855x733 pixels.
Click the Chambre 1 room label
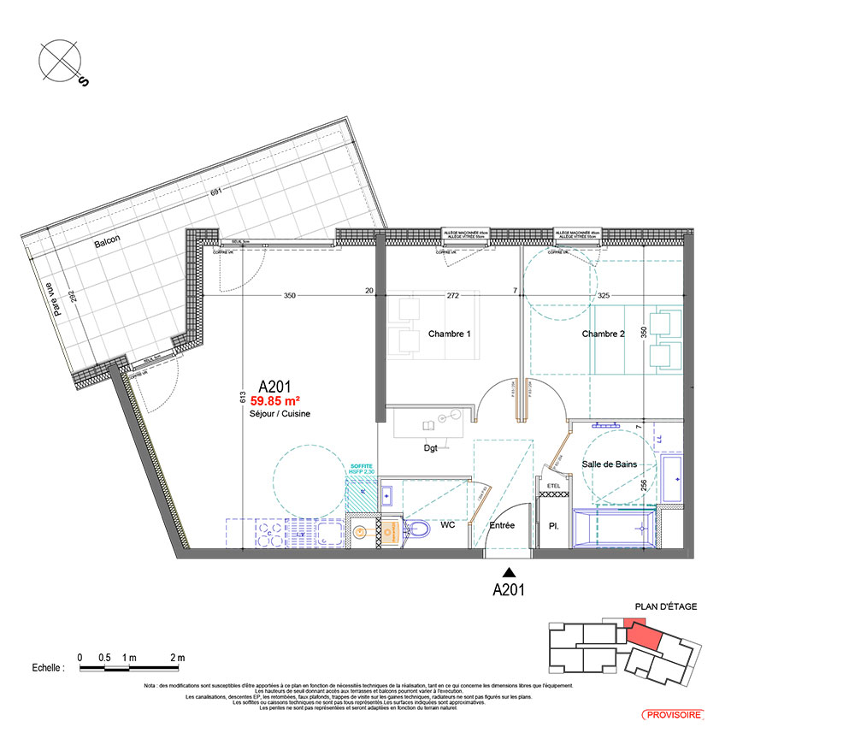tap(449, 334)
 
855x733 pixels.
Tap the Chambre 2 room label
tap(603, 334)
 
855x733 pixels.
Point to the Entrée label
tap(502, 525)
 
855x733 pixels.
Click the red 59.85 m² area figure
tap(274, 399)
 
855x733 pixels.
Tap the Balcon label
tap(108, 242)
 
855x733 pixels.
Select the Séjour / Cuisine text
tap(274, 413)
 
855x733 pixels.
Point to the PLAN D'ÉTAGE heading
tap(665, 606)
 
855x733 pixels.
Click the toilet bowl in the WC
tap(418, 532)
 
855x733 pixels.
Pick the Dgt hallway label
tap(430, 448)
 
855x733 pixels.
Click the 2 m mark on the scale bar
tap(178, 657)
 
